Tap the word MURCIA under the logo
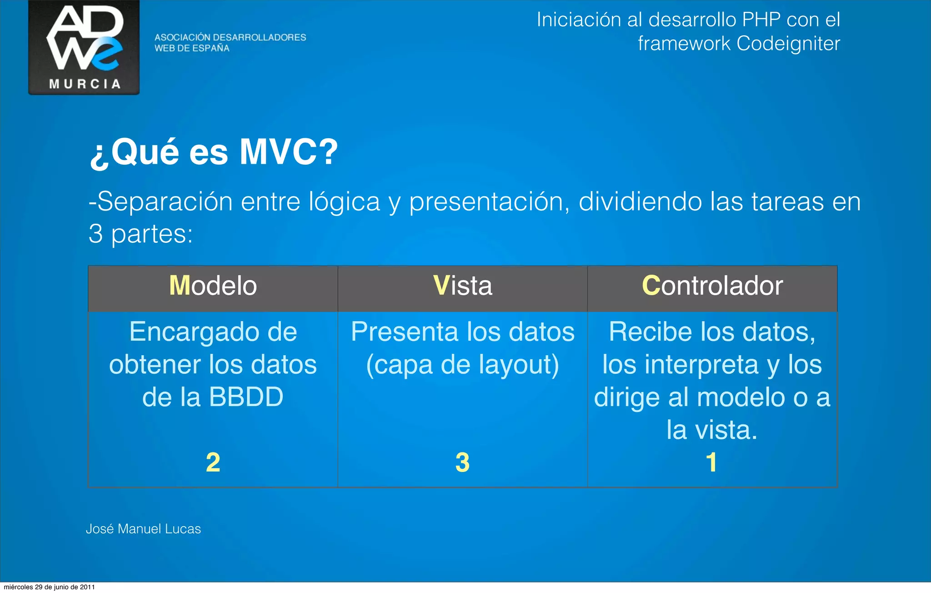(85, 84)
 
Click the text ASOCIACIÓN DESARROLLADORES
(230, 37)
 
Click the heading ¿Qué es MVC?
(214, 152)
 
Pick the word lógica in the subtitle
(344, 201)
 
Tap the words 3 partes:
(140, 234)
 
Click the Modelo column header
(213, 286)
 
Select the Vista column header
(462, 286)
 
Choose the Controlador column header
(712, 286)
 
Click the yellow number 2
(213, 462)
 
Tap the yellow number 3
(462, 462)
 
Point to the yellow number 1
(711, 462)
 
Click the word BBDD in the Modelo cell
(246, 397)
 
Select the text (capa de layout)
(462, 365)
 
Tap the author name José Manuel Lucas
(143, 529)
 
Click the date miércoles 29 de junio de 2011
(49, 587)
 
